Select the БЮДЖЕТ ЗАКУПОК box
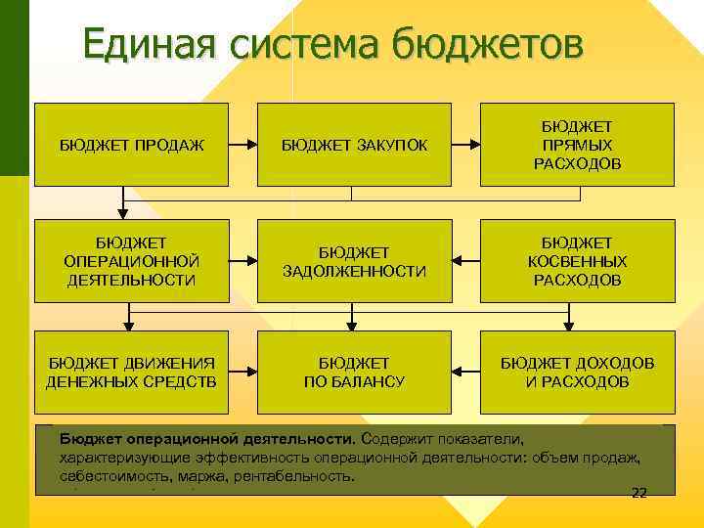click(354, 145)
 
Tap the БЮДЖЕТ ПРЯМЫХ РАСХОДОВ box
click(577, 145)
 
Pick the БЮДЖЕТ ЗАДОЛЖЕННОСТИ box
click(354, 261)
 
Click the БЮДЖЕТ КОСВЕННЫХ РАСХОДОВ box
click(577, 261)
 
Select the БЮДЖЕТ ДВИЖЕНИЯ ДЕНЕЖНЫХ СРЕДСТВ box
click(131, 372)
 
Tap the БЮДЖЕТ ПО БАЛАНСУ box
click(354, 372)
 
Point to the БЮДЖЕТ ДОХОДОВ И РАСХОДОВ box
click(577, 372)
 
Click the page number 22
click(639, 492)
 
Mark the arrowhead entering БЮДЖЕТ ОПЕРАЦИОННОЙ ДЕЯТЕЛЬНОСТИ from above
click(122, 211)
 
